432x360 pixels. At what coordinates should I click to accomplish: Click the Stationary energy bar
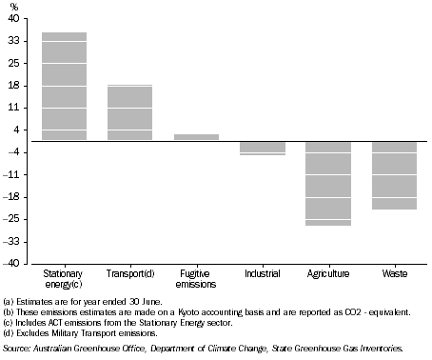click(x=64, y=87)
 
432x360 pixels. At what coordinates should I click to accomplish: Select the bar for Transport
click(x=129, y=112)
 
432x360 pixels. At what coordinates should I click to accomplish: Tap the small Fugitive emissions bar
click(x=196, y=137)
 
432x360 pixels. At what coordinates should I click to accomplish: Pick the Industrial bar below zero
click(x=262, y=148)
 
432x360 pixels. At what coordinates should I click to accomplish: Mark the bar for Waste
click(x=394, y=175)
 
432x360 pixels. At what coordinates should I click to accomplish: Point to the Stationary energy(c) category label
click(x=64, y=278)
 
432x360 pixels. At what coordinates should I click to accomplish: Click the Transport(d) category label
click(x=129, y=273)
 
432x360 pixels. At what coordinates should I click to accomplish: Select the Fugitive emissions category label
click(x=196, y=278)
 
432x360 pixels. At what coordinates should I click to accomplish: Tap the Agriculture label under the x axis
click(x=328, y=273)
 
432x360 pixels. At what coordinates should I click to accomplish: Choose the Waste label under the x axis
click(x=394, y=273)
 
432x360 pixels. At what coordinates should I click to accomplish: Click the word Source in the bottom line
click(x=16, y=349)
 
